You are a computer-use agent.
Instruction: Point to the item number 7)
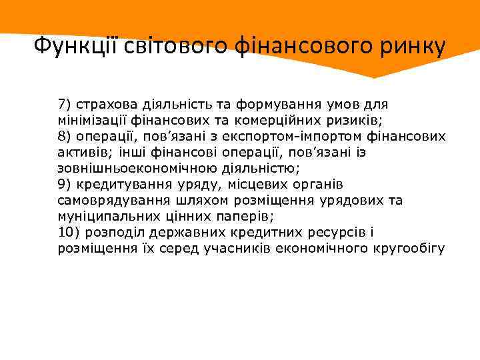[65, 105]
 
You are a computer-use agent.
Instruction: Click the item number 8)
[65, 137]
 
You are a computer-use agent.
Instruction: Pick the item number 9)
[65, 185]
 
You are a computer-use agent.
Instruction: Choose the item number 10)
[69, 233]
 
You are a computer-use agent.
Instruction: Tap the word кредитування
[118, 185]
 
